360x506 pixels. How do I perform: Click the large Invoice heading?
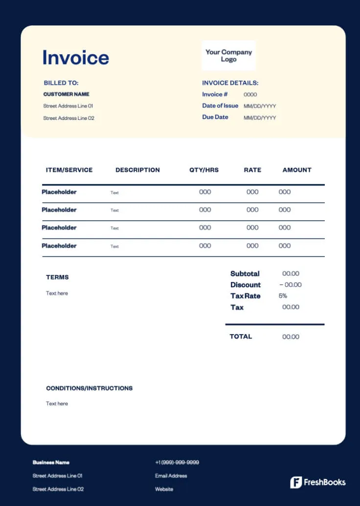tap(76, 58)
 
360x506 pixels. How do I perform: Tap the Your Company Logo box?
tap(228, 55)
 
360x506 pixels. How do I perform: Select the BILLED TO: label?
tap(61, 83)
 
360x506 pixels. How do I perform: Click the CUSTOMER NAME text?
tap(67, 94)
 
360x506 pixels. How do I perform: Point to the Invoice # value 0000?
tap(250, 94)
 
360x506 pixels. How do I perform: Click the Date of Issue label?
tap(220, 106)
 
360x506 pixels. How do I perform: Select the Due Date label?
tap(215, 117)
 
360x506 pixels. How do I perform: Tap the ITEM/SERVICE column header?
tap(69, 170)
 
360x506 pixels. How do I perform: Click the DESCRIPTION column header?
tap(137, 170)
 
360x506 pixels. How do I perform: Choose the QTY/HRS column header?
tap(204, 170)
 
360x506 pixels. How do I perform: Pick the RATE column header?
tap(252, 170)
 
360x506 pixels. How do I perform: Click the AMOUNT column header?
tap(297, 170)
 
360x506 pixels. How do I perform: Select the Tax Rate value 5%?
tap(283, 296)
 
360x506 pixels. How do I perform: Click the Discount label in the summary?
tap(246, 285)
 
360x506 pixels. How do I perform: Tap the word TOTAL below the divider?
tap(241, 336)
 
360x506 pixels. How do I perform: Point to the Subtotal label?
tap(245, 274)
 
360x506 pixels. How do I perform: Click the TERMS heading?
tap(57, 277)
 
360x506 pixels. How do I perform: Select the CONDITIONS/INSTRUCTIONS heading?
tap(89, 388)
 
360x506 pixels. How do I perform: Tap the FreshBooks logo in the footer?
tap(318, 482)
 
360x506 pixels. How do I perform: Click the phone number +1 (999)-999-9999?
tap(177, 462)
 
